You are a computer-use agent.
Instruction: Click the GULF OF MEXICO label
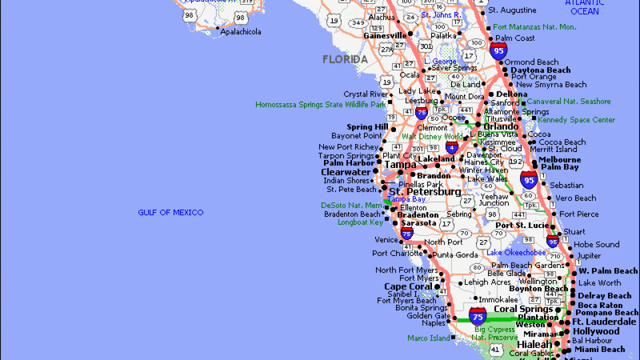point(170,212)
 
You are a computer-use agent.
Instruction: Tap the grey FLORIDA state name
point(345,59)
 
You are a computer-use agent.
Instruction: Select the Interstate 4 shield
point(452,147)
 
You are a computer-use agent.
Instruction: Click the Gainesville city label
point(385,35)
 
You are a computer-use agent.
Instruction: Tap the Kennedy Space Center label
point(576,120)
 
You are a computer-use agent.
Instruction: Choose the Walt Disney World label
point(432,136)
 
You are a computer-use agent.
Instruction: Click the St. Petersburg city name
point(425,192)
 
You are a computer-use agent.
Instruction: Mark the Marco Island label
point(428,338)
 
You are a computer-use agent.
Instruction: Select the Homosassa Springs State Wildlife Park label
point(320,104)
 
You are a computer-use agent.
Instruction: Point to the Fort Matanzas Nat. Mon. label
point(534,27)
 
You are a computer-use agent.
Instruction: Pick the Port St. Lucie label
point(522,225)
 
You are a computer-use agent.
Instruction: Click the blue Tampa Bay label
point(406,199)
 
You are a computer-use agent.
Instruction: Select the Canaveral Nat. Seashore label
point(568,101)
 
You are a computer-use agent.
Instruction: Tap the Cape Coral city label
point(408,286)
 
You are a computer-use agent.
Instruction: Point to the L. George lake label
point(440,61)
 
